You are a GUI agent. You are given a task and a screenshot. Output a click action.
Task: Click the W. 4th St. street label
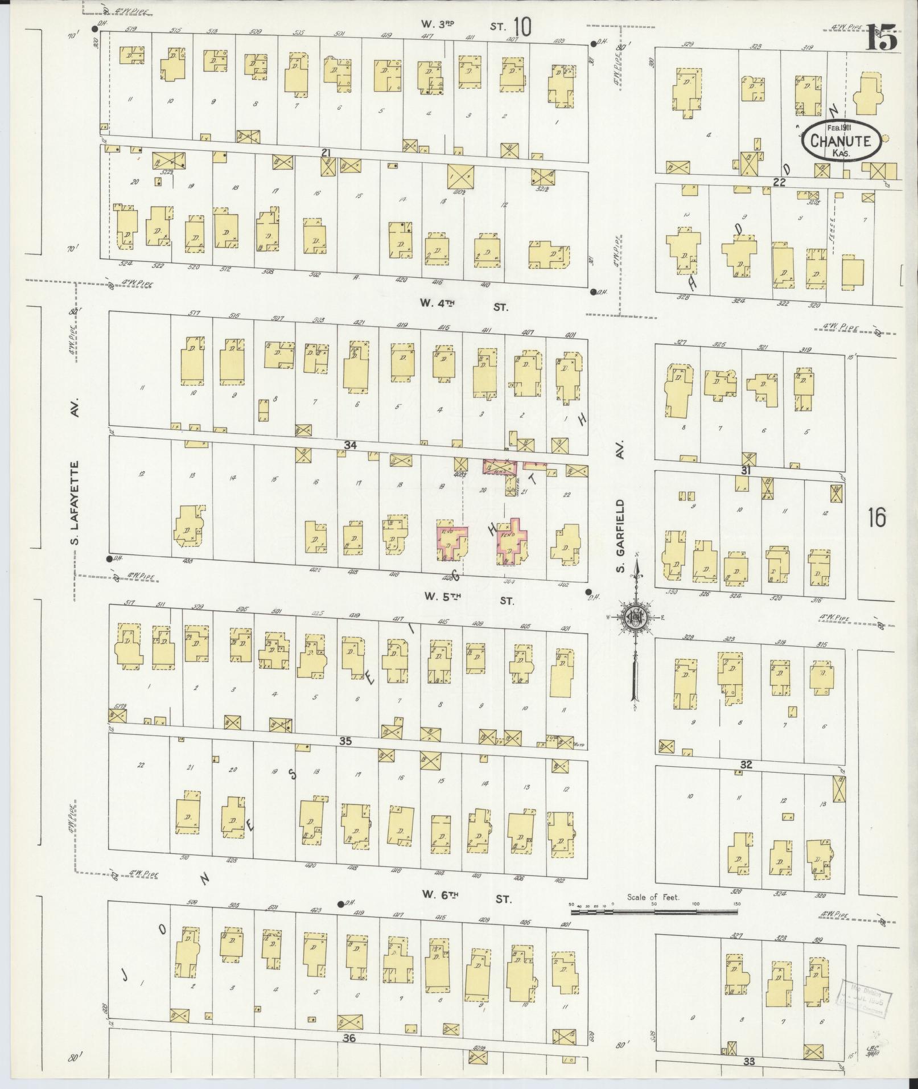coord(464,305)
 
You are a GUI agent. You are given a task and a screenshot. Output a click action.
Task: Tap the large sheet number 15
coord(881,38)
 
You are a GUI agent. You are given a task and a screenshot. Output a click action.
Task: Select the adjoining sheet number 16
coord(877,518)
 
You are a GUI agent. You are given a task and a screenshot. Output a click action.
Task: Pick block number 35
coord(345,741)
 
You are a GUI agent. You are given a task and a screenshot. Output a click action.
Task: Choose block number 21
coord(326,153)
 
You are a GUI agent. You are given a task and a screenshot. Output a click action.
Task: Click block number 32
coord(746,765)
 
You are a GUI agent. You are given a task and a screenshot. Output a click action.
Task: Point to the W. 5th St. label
coord(468,598)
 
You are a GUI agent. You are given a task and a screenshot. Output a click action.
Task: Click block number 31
coord(746,470)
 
